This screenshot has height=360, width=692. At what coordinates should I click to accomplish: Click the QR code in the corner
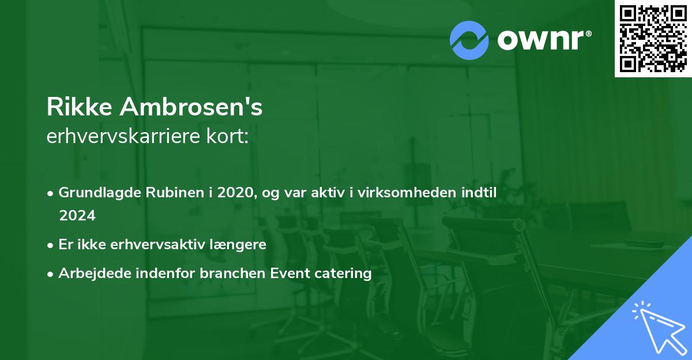point(653,39)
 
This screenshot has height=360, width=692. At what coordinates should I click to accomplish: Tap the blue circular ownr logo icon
point(469,40)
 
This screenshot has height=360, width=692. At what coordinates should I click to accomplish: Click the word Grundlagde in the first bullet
point(95,192)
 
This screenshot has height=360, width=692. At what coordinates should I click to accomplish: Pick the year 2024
point(77,215)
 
